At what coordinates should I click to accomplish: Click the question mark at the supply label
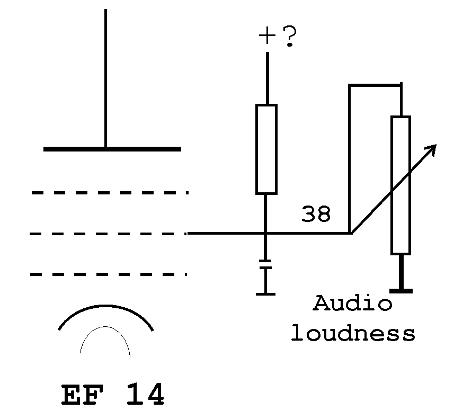tap(290, 36)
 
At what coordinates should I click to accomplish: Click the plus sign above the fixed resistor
tap(267, 36)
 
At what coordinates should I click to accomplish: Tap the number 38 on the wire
tap(316, 214)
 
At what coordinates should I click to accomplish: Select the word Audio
tap(353, 303)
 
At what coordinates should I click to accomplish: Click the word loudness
tap(353, 333)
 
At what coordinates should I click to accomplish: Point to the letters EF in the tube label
tap(83, 395)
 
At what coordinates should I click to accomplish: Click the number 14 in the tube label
tap(145, 394)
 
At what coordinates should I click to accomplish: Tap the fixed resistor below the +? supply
tap(266, 149)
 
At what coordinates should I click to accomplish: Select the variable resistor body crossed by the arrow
tap(400, 185)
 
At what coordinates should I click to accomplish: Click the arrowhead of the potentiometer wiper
tap(431, 149)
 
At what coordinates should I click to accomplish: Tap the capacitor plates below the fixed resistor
tap(265, 264)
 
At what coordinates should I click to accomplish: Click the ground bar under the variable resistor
tap(401, 291)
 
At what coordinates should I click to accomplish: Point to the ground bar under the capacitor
tap(265, 294)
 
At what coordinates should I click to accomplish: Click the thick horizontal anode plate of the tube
tap(112, 149)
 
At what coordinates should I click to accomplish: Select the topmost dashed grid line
tap(110, 193)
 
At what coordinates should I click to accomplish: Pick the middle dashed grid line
tap(108, 234)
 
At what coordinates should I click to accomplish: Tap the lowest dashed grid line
tap(109, 274)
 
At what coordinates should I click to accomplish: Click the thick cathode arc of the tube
tap(105, 306)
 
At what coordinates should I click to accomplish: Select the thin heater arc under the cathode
tap(105, 327)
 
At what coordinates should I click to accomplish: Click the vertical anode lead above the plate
tap(105, 78)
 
